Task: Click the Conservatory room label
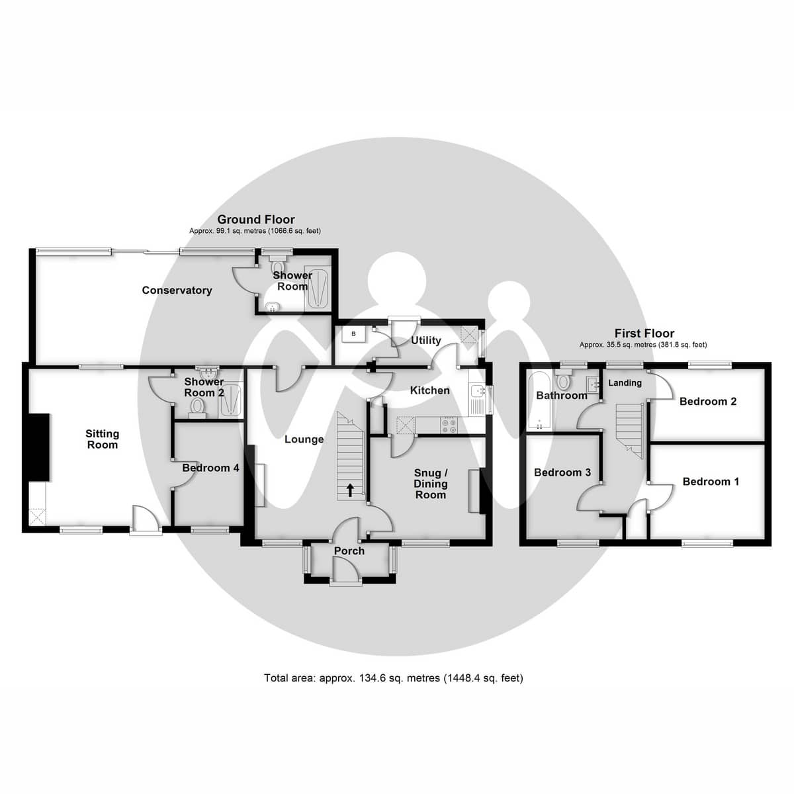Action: (177, 290)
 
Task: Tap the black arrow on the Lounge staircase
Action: (350, 490)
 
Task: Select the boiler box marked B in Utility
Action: (353, 334)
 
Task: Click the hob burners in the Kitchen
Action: (449, 425)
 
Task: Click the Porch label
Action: (349, 551)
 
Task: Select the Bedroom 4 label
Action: (210, 468)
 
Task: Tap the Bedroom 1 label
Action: (711, 481)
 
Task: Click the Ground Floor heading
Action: (256, 220)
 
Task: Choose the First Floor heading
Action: (644, 333)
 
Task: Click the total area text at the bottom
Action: (393, 678)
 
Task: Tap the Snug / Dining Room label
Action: (430, 484)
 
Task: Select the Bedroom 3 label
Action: (562, 472)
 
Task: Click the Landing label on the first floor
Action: (625, 382)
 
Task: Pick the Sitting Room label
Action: (103, 439)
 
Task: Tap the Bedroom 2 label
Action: (707, 401)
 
